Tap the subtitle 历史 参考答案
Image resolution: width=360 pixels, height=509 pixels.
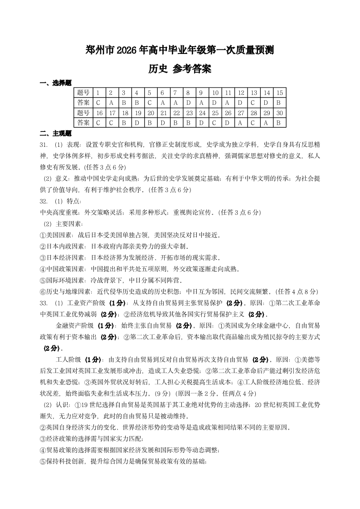click(x=180, y=69)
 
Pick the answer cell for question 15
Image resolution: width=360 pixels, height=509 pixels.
click(x=279, y=102)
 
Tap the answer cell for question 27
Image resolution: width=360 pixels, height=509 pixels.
click(x=241, y=122)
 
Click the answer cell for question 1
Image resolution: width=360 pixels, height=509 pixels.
click(x=98, y=102)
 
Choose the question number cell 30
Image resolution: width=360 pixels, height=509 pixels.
click(x=279, y=112)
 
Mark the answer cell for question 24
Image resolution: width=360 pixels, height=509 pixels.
click(x=202, y=122)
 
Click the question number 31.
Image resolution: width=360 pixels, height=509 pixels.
click(x=44, y=145)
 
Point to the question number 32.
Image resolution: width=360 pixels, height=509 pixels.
click(x=44, y=201)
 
